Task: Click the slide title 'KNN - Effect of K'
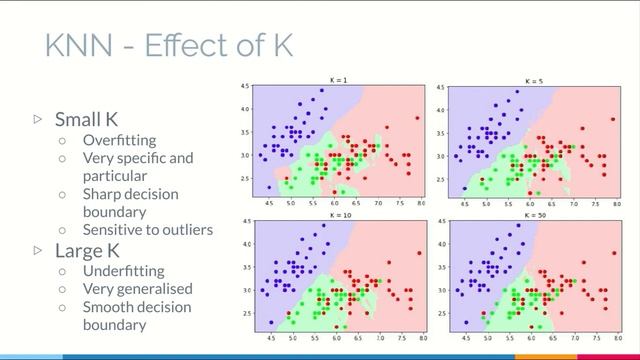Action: click(169, 44)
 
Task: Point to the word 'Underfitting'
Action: click(124, 271)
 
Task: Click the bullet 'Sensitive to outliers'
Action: click(148, 230)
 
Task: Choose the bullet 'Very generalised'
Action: click(137, 289)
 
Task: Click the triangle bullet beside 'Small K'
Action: click(39, 119)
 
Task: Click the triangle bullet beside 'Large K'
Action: click(39, 250)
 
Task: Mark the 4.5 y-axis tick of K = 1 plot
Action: click(245, 88)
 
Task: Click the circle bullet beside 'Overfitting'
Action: click(62, 140)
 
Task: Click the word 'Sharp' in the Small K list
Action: click(103, 194)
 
